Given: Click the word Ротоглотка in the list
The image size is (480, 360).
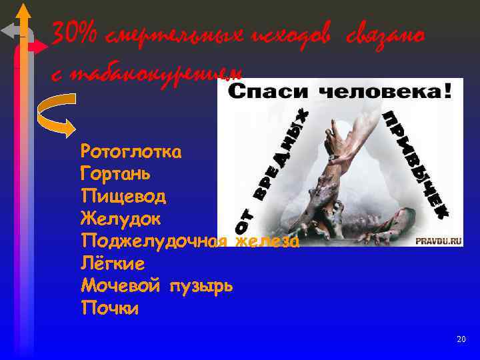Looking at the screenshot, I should click(130, 151).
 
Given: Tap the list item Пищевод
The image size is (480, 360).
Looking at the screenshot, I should click(123, 196).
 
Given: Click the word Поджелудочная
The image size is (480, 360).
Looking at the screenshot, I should click(155, 241).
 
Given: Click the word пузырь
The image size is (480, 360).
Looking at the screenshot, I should click(200, 287).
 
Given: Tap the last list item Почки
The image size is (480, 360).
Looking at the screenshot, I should click(110, 309).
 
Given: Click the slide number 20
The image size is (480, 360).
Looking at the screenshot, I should click(461, 340).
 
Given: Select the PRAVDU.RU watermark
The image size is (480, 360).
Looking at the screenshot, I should click(439, 242).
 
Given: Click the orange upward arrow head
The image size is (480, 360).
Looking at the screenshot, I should click(24, 11).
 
